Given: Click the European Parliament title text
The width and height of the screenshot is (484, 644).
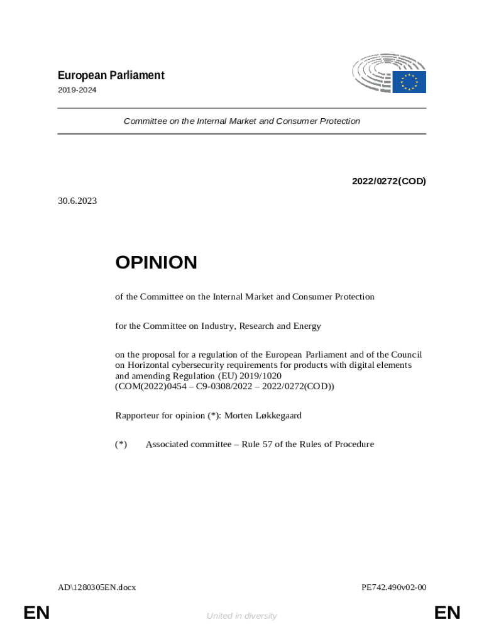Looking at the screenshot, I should pos(111,75).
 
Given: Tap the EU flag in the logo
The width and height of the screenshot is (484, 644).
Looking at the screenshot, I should pos(409,82).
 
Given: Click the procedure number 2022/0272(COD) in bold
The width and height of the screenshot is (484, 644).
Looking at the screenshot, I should pos(388,181).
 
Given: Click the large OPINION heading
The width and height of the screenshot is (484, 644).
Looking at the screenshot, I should pos(156,263).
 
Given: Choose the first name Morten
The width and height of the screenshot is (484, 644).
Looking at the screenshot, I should pos(239,415).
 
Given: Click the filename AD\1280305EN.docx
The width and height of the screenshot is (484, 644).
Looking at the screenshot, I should pos(97,587).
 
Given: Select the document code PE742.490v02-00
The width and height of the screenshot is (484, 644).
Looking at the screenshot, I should pos(394,587).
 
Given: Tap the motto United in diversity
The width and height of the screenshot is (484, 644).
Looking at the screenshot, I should pos(241,616).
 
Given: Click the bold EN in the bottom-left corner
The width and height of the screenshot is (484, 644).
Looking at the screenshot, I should pos(36,613).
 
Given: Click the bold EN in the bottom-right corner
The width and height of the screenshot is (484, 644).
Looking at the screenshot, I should pos(447,613).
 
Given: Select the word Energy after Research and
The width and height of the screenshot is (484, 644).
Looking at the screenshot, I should pos(306,326).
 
